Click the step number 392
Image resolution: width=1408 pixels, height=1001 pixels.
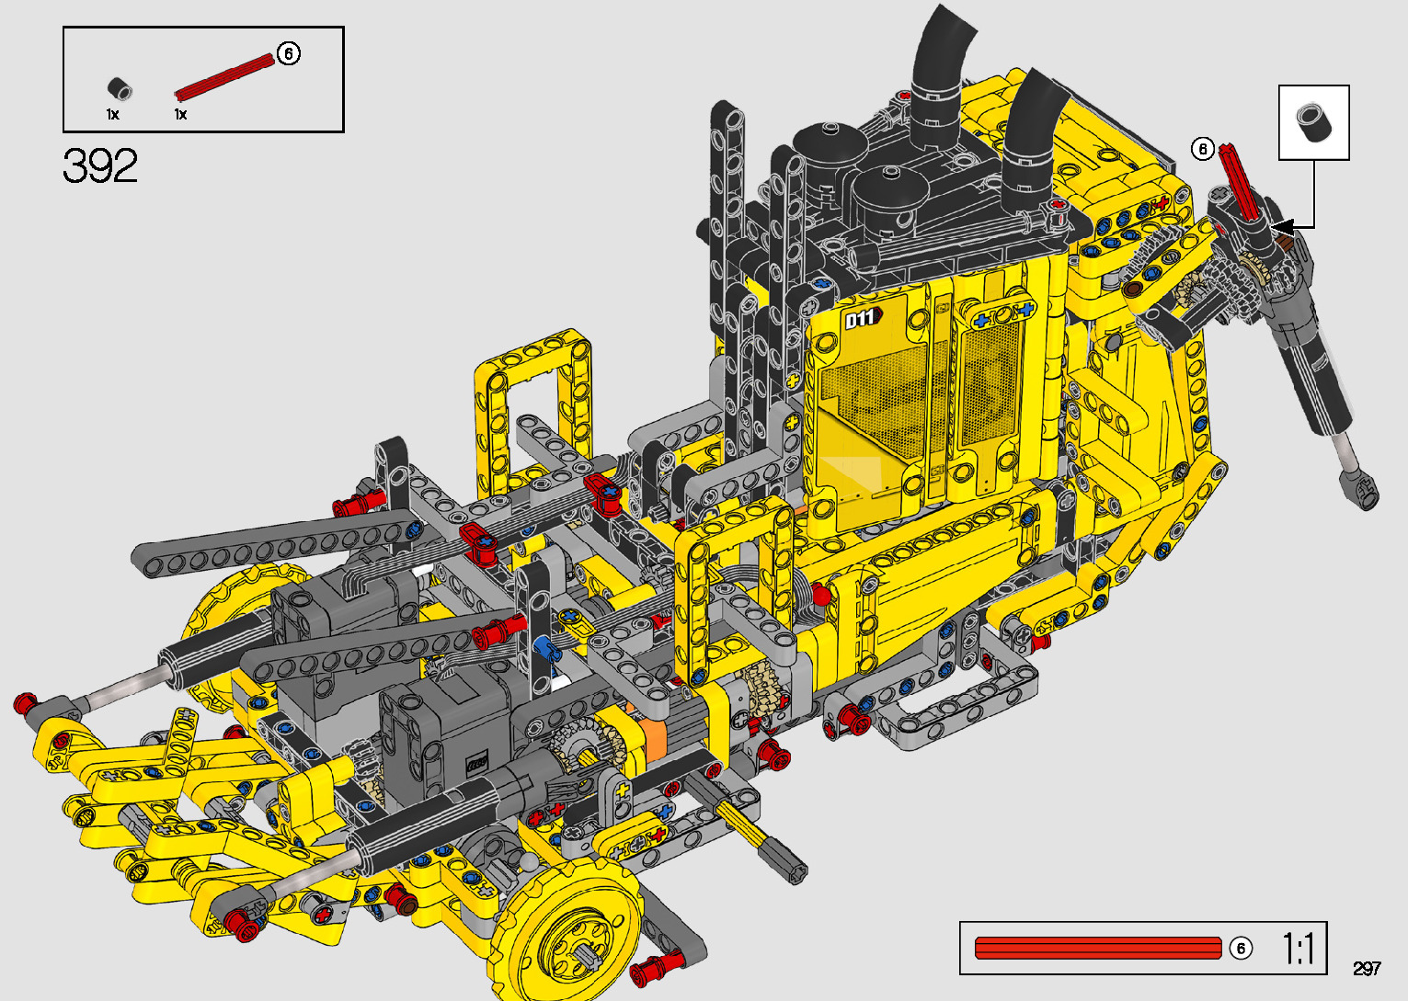click(100, 165)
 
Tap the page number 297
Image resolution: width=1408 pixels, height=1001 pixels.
click(1367, 968)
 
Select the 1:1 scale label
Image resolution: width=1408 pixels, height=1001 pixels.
click(1298, 949)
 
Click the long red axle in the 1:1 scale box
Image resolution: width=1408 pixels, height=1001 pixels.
click(1097, 949)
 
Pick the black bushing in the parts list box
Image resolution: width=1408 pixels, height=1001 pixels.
click(119, 88)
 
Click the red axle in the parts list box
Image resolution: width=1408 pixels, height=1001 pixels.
click(224, 78)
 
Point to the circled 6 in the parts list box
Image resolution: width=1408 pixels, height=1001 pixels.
click(288, 53)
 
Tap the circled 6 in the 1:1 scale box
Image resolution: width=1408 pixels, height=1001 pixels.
click(1241, 949)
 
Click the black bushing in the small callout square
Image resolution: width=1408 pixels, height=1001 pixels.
click(1313, 122)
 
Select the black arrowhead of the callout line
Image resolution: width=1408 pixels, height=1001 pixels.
click(1282, 227)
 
